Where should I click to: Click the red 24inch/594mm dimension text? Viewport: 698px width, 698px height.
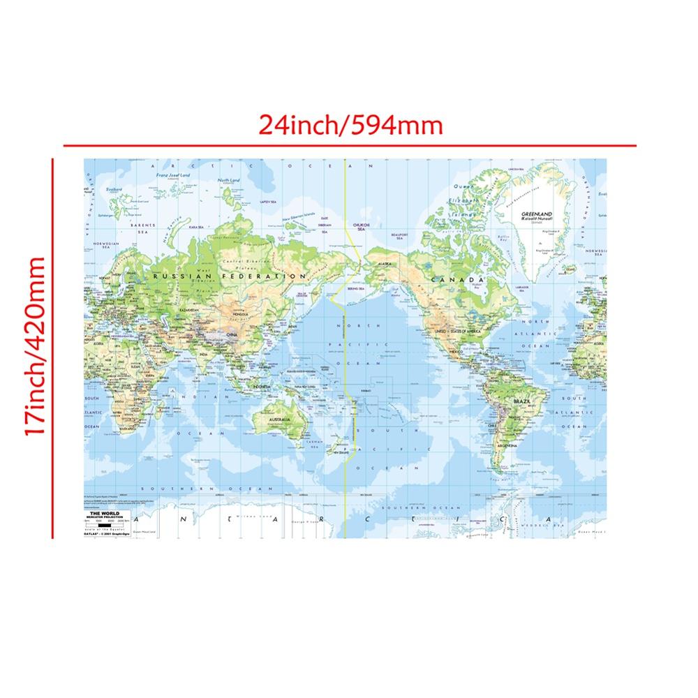click(350, 125)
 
